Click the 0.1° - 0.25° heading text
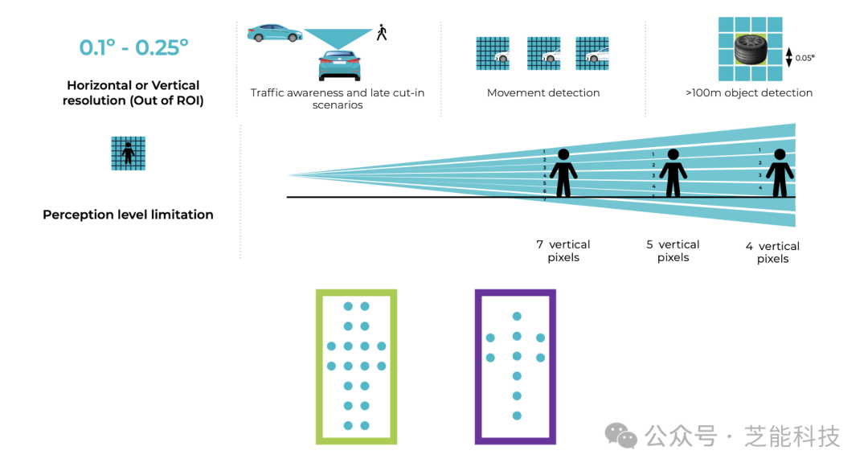pyautogui.click(x=133, y=47)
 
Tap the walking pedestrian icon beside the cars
pyautogui.click(x=382, y=32)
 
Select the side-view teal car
pyautogui.click(x=275, y=33)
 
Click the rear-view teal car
pyautogui.click(x=339, y=65)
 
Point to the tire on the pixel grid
pyautogui.click(x=751, y=49)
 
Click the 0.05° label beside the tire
pyautogui.click(x=805, y=58)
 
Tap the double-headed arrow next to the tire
pyautogui.click(x=789, y=58)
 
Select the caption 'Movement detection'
pyautogui.click(x=543, y=93)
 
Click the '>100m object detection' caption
pyautogui.click(x=749, y=93)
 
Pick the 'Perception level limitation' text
pyautogui.click(x=128, y=215)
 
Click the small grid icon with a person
pyautogui.click(x=129, y=154)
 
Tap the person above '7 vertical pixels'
pyautogui.click(x=563, y=173)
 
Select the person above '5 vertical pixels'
pyautogui.click(x=674, y=173)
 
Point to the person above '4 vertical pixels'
pyautogui.click(x=780, y=173)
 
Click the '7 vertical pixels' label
pyautogui.click(x=563, y=251)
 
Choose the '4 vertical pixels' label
pyautogui.click(x=773, y=252)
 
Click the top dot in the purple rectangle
pyautogui.click(x=517, y=317)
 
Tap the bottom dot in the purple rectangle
pyautogui.click(x=517, y=416)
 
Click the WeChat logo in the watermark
pyautogui.click(x=620, y=436)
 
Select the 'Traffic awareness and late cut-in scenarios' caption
pyautogui.click(x=338, y=99)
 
